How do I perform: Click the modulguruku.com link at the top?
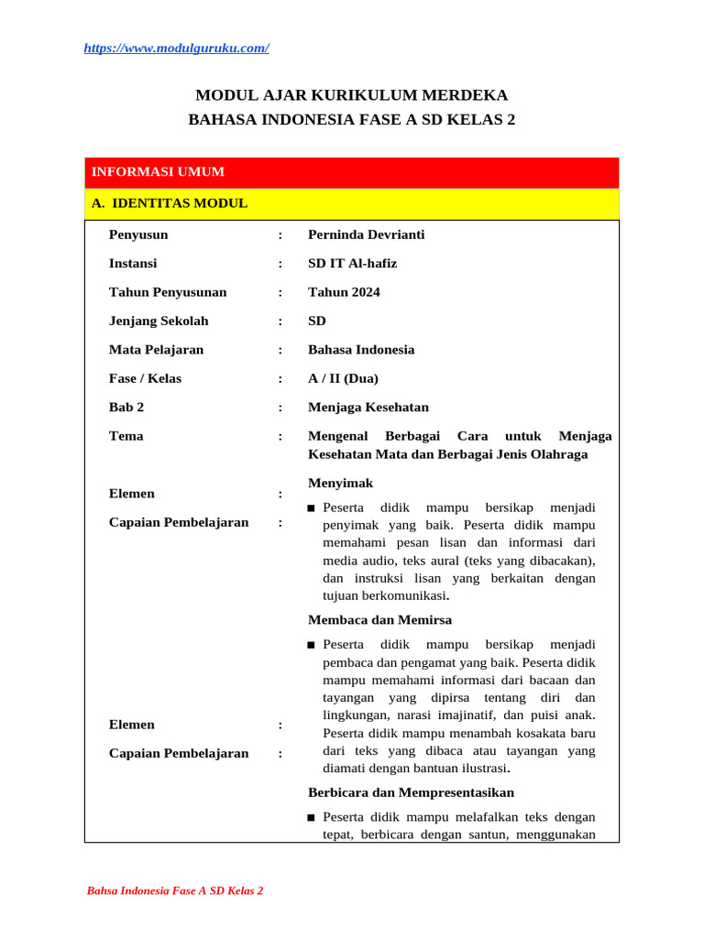point(176,49)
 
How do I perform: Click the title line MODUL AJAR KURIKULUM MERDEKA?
point(352,95)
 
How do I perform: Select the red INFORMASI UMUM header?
point(158,172)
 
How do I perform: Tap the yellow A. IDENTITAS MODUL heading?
point(170,203)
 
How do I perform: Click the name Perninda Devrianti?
point(366,234)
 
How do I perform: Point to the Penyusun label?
point(138,234)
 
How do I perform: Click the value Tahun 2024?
point(344,292)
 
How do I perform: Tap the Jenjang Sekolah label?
point(159,321)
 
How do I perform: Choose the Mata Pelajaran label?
point(156,350)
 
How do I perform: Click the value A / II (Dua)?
point(343,378)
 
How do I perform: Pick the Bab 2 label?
point(126,407)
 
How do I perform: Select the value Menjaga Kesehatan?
point(368,407)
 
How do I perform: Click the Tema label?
point(126,436)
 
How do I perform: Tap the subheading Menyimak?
point(340,483)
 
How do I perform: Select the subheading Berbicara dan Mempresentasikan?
point(411,792)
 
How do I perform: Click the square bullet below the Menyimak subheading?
point(313,508)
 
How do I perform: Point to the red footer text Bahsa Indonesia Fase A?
point(174,890)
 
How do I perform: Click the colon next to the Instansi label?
point(280,264)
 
